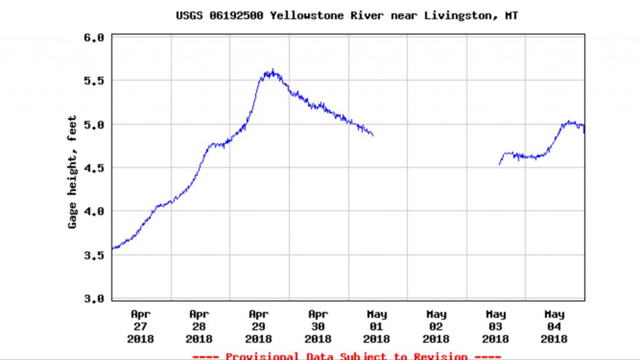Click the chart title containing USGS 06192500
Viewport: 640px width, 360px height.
(x=347, y=16)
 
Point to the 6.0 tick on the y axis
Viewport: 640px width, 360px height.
(x=94, y=38)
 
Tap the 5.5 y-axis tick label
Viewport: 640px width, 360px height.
(x=94, y=81)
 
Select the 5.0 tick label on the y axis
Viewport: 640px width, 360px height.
(x=94, y=125)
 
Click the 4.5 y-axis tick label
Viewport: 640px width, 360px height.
(x=94, y=168)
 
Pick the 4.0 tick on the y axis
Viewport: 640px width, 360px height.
(x=94, y=212)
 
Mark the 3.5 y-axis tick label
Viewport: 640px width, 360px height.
(x=94, y=255)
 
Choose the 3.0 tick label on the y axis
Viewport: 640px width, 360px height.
(x=94, y=299)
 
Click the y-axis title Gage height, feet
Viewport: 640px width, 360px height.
(x=72, y=171)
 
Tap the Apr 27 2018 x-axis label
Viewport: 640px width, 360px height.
(x=141, y=326)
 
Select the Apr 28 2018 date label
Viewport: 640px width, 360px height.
(x=199, y=326)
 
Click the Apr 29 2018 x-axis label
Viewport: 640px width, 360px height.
(x=259, y=326)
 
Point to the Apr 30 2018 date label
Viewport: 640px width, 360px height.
(x=318, y=326)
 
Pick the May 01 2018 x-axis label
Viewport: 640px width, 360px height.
(x=377, y=326)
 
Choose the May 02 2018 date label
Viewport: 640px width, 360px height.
(x=436, y=326)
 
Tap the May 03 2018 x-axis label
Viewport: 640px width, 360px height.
(x=496, y=326)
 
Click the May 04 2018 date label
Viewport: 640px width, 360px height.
(x=554, y=326)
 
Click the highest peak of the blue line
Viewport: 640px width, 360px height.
(x=272, y=71)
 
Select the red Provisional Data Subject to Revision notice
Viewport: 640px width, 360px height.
(x=347, y=356)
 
